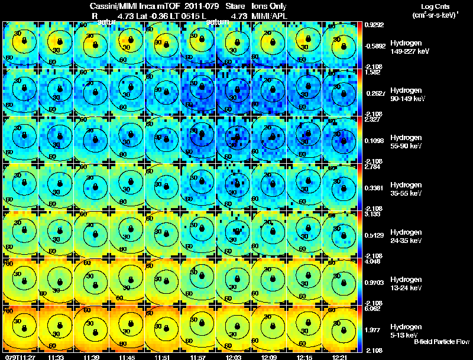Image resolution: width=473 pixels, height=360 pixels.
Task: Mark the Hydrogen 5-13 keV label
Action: [x=406, y=330]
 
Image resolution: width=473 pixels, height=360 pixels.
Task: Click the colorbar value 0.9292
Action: [x=374, y=25]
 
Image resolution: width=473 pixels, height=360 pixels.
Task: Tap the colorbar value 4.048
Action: [x=374, y=262]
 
